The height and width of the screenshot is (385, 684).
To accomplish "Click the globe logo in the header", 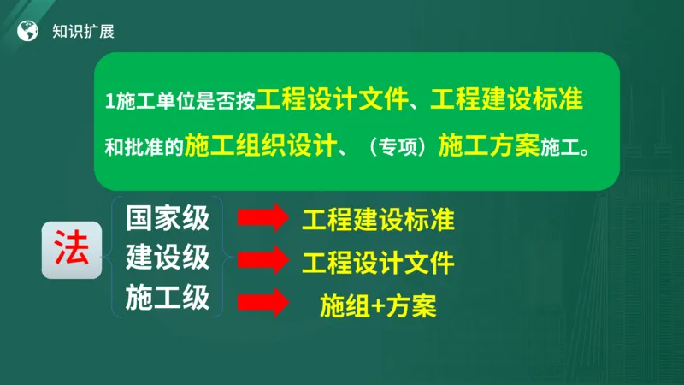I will [x=29, y=32].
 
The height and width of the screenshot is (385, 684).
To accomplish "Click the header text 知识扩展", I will [x=83, y=32].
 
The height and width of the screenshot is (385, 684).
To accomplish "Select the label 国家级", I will [x=168, y=218].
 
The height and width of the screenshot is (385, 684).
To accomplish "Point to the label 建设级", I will [x=168, y=257].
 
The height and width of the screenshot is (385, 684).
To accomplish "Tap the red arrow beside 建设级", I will [x=262, y=260].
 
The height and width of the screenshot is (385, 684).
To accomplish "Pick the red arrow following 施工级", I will [x=262, y=303].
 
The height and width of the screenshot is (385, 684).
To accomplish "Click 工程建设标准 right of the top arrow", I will [x=378, y=220].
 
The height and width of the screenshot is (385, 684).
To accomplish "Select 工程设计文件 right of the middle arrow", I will [x=378, y=263].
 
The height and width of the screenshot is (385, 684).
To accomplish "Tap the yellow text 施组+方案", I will [x=378, y=305].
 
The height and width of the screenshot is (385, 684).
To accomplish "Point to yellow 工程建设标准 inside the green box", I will [x=507, y=99].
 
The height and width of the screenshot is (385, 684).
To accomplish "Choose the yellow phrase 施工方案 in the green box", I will [x=488, y=145].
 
